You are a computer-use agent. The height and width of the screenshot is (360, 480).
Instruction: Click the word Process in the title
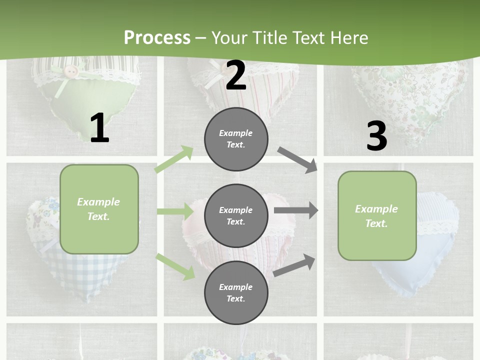coord(157,37)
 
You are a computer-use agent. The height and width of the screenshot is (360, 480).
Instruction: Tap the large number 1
coord(99,128)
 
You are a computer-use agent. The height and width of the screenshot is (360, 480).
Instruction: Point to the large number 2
coord(236,75)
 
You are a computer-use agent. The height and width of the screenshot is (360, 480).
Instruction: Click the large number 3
coord(376,136)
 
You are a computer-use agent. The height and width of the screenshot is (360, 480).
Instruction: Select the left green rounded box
coord(99,209)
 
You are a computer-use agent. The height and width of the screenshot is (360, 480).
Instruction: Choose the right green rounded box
coord(377,216)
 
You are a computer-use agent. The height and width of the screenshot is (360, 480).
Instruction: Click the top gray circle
coord(236,139)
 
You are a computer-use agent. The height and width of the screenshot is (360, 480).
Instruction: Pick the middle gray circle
coord(236,215)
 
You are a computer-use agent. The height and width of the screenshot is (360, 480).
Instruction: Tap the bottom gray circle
coord(236,292)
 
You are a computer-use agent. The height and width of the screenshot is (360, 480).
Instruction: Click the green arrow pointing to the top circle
coord(174,159)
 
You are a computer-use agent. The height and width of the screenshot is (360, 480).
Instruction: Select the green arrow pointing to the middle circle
coord(175,211)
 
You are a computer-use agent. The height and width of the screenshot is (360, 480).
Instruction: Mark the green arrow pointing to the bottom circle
coord(175,266)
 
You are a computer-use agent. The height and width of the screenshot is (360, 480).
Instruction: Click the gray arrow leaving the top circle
coord(297,159)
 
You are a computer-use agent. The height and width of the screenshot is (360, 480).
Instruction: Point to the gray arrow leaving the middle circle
coord(296,210)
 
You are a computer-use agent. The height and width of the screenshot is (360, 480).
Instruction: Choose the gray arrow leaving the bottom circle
coord(294,265)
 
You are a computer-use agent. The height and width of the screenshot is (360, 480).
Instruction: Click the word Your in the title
coord(229,37)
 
